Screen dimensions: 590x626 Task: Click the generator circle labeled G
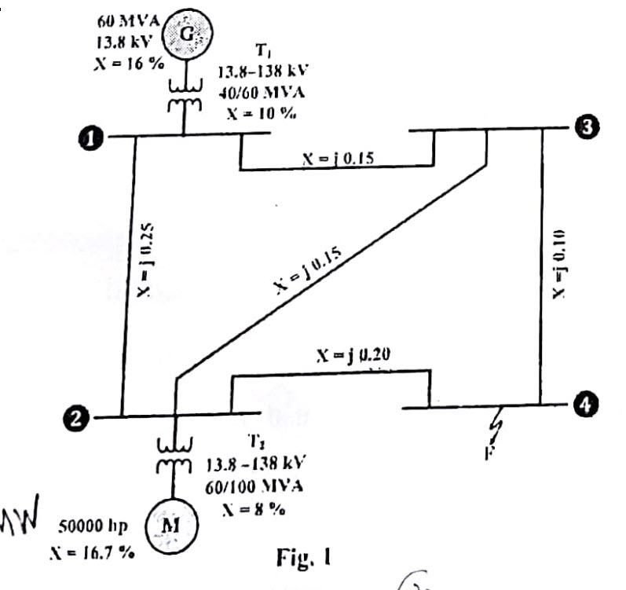[188, 35]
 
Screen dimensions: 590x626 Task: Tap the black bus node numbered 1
[93, 138]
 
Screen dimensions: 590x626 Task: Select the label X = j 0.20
[353, 354]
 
